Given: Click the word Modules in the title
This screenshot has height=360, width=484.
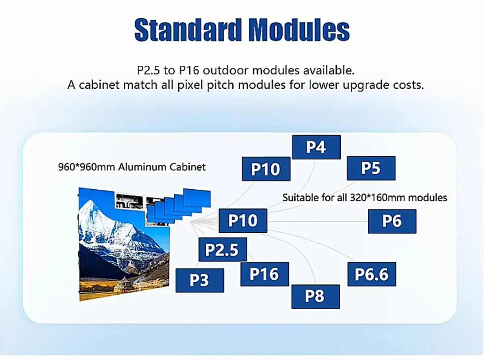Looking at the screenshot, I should tap(300, 30).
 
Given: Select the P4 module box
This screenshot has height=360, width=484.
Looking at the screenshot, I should tap(316, 147).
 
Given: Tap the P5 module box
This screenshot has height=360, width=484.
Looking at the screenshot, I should tap(371, 168).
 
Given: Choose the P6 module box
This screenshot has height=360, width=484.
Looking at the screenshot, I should tap(392, 221).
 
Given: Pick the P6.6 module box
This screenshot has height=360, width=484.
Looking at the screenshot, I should tap(372, 274).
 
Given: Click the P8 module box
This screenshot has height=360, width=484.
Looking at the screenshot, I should tap(315, 296).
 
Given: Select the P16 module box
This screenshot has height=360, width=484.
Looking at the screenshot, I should tap(264, 274).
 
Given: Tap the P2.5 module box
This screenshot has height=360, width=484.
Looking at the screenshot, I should tap(222, 250).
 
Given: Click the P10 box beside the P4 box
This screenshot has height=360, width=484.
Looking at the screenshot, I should tap(266, 169).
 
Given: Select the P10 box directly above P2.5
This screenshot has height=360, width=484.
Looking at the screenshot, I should tap(243, 221).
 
